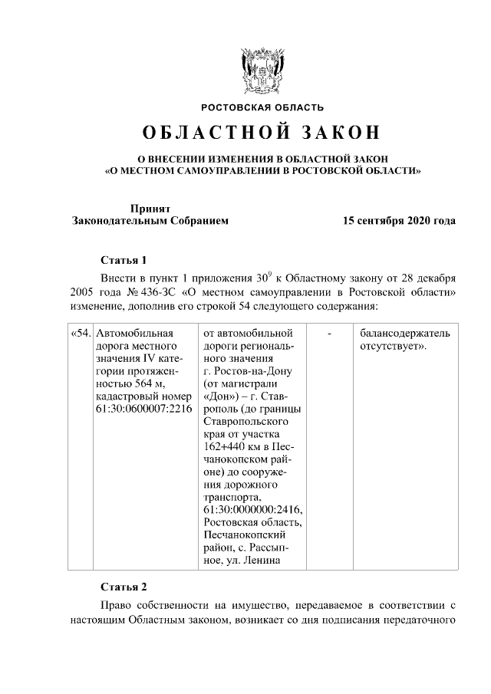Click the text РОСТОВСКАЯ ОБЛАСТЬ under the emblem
coord(262,107)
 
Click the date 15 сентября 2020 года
coord(399,221)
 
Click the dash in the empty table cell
coord(328,334)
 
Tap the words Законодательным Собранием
coord(150,221)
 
